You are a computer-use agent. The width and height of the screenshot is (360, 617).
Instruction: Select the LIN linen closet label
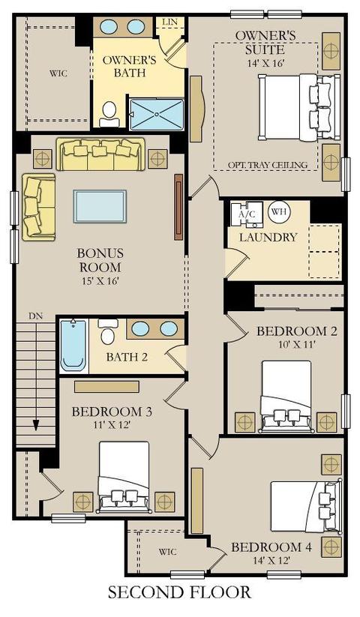coord(170,22)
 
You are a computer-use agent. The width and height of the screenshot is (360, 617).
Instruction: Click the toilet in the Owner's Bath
coord(109,114)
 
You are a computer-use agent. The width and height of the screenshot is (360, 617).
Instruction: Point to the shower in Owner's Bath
coord(157,114)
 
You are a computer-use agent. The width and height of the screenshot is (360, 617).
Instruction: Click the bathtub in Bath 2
coord(73,346)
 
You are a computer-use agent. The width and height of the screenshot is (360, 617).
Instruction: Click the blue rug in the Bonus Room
coord(100,207)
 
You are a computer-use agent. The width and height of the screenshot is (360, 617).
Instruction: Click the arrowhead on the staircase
coord(36,425)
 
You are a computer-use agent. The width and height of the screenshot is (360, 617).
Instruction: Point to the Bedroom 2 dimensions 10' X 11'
coord(297,345)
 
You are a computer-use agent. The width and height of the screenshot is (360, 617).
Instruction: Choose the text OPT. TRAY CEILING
coord(268,165)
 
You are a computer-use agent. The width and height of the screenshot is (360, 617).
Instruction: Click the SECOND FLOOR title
coord(179,592)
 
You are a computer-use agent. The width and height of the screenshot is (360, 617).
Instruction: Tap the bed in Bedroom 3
coord(124,477)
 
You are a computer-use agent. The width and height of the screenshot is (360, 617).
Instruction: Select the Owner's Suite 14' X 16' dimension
coord(266,63)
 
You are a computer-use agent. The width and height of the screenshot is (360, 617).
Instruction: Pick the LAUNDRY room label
coord(268,237)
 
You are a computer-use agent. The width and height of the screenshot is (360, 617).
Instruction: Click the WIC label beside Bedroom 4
coord(167,552)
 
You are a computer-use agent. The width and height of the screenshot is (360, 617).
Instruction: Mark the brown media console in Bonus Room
coord(178,207)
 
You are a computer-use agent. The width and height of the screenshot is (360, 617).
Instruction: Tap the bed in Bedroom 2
coord(286,397)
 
